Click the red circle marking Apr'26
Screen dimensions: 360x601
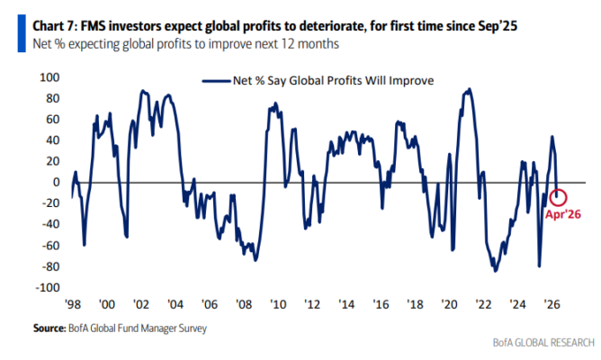(560, 196)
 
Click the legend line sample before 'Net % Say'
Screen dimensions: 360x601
(215, 80)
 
